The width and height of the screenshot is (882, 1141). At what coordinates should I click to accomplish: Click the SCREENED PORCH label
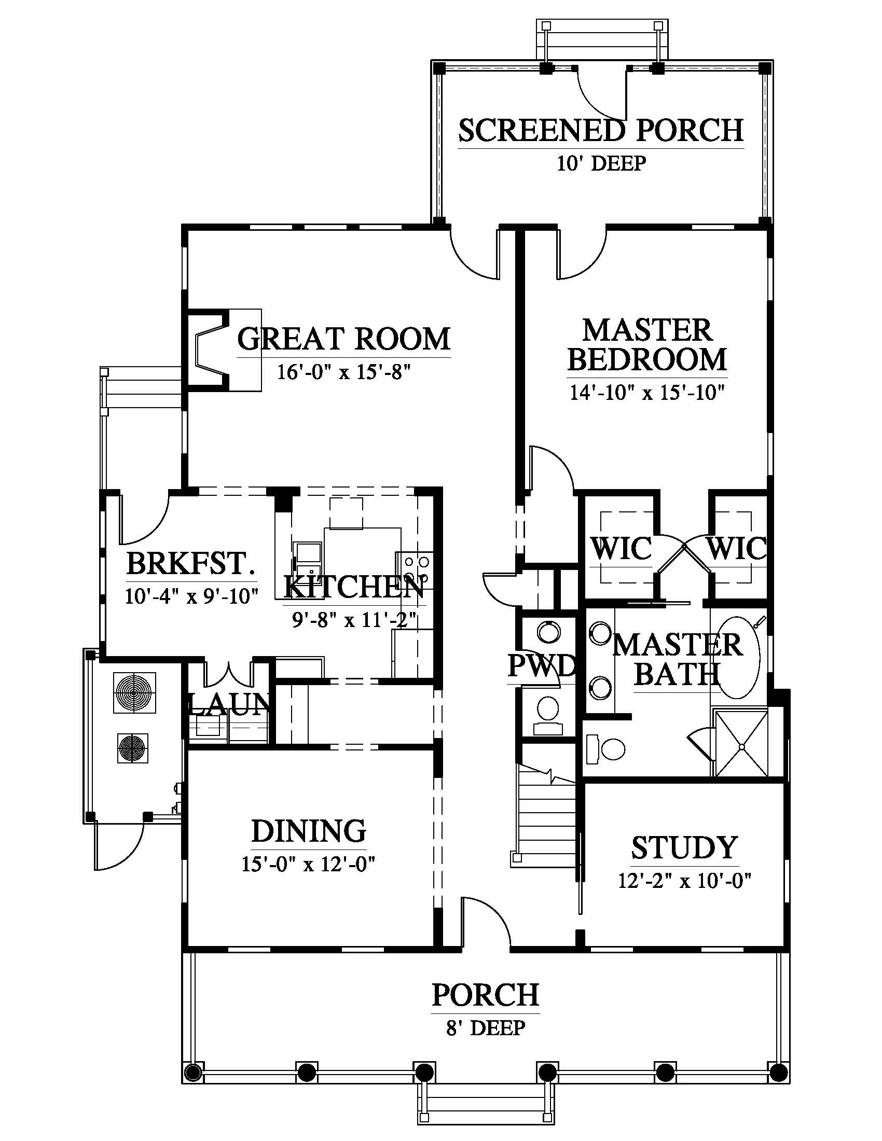[601, 131]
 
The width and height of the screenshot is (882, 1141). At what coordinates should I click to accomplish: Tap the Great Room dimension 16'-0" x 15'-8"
[344, 373]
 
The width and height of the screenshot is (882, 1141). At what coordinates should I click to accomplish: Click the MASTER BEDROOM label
[647, 345]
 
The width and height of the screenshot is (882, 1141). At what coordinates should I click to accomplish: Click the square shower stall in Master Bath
[741, 743]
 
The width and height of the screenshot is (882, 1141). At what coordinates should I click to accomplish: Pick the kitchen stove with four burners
[416, 569]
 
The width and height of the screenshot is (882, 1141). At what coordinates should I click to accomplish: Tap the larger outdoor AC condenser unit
[134, 693]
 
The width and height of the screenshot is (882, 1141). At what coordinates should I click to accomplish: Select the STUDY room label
[684, 847]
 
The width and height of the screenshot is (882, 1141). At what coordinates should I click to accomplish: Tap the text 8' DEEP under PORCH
[486, 1028]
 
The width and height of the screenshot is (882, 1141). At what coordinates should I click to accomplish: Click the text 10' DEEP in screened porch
[601, 163]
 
